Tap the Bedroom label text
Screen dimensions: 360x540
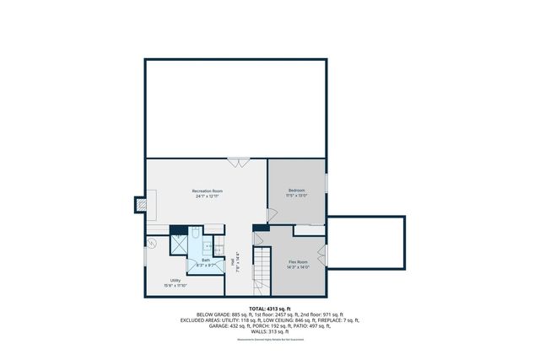[297, 191]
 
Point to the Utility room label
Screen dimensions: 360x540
[175, 281]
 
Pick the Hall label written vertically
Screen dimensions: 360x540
[233, 262]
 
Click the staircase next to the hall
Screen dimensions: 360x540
[262, 270]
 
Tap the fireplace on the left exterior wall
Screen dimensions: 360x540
[142, 204]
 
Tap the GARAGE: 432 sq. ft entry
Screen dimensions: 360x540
[219, 325]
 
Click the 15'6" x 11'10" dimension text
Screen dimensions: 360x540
[175, 286]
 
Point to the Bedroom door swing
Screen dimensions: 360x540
[271, 215]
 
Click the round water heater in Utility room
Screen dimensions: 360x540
[153, 243]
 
